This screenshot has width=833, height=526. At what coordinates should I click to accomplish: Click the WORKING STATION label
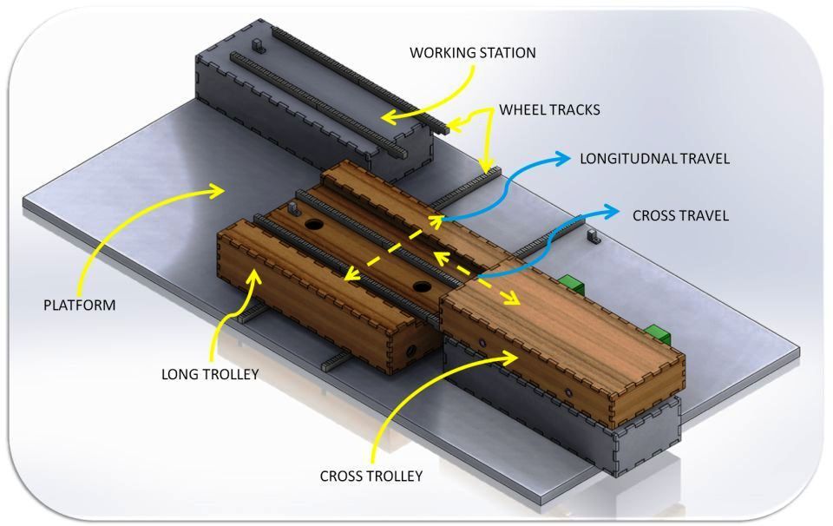coord(472,53)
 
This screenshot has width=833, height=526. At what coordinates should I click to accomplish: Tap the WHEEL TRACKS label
coord(549,110)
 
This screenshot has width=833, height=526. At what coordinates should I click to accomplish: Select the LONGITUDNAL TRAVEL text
coord(654,159)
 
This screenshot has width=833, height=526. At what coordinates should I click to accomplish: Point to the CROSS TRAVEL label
coord(680,216)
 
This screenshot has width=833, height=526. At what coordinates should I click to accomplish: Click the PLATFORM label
coord(79,305)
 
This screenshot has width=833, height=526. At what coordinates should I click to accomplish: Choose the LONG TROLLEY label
coord(210,375)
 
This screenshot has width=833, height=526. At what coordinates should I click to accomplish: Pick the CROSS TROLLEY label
coord(371,476)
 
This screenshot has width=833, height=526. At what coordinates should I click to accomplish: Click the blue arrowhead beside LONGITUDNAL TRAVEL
coord(562,158)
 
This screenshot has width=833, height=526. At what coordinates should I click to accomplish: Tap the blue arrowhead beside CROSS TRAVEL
coord(611,212)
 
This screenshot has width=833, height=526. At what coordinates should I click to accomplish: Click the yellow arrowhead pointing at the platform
coord(217,190)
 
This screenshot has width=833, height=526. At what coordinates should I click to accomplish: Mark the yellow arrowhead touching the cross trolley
coord(509,358)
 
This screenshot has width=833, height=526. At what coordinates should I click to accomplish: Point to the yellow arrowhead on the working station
coord(390,117)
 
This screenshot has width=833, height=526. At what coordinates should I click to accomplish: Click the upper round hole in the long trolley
coord(313,224)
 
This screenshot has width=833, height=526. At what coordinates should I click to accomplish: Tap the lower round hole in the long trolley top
coord(423,287)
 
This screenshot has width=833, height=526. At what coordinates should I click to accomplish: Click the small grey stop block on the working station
coord(259,45)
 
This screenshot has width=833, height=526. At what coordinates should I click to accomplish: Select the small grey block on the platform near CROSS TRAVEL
coord(594,237)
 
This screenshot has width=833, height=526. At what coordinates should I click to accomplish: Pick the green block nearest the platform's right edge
coord(658,333)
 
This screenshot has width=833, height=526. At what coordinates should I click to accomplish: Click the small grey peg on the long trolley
coord(294,208)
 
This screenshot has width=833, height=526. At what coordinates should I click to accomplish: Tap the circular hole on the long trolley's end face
coord(411,352)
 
